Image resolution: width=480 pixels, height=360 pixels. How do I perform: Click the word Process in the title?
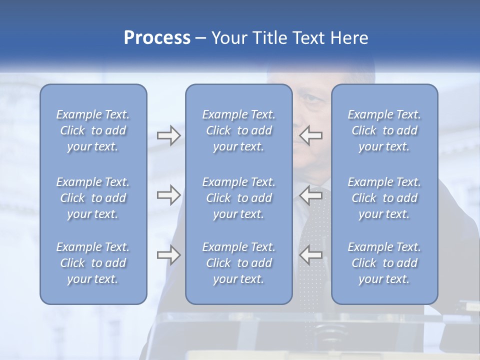point(157,38)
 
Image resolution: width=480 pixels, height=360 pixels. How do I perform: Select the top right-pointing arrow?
point(168,135)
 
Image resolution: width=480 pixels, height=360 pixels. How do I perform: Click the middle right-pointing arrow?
point(168,195)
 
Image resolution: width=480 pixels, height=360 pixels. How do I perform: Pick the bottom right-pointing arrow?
point(168,255)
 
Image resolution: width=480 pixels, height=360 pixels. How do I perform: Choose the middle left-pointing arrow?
point(311,195)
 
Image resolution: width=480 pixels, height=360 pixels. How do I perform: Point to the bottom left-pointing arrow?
point(311,255)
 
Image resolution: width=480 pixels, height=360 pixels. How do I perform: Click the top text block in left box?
point(93,130)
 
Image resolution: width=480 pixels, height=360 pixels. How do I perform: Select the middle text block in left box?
point(93,198)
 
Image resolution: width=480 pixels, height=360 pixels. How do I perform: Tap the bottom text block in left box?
point(93,263)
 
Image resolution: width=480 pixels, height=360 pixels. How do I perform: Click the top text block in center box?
point(239,130)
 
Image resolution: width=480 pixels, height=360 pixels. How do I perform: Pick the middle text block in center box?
point(239,198)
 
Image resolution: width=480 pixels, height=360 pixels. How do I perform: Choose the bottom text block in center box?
point(239,263)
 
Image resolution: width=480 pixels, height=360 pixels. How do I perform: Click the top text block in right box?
point(384,130)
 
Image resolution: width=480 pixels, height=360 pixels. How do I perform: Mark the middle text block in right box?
point(384,198)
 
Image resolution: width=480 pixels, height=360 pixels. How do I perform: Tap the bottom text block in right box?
point(384,263)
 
